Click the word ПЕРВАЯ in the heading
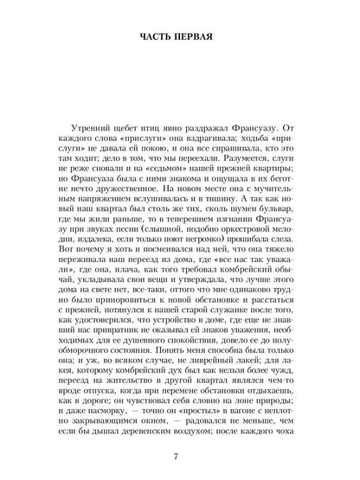(x=205, y=39)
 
